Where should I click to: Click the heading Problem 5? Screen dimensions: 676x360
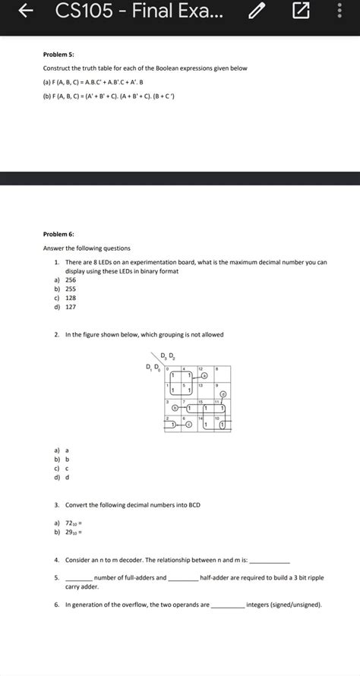click(x=58, y=55)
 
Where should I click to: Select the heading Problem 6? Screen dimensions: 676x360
click(x=58, y=235)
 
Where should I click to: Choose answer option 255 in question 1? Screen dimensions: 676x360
click(x=71, y=289)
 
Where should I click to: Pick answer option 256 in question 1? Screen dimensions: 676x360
click(x=71, y=280)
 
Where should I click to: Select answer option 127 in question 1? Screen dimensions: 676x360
click(x=71, y=308)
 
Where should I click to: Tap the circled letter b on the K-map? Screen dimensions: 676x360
click(x=175, y=409)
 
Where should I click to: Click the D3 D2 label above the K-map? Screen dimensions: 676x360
click(x=168, y=356)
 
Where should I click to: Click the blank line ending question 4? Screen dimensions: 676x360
click(x=269, y=560)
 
